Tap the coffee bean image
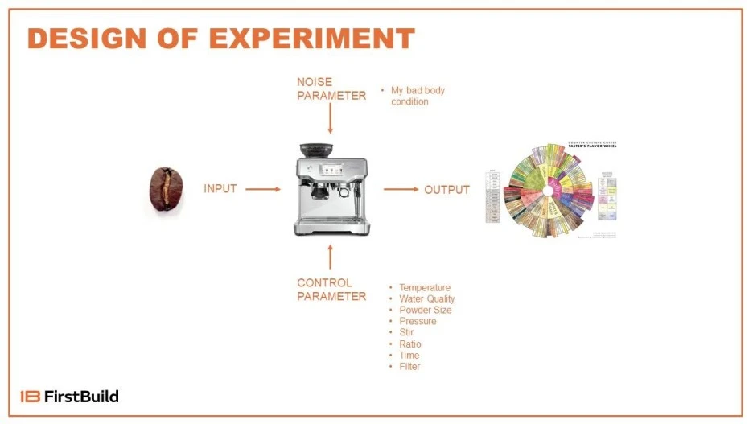pyautogui.click(x=167, y=189)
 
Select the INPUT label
pyautogui.click(x=220, y=189)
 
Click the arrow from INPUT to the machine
pyautogui.click(x=262, y=190)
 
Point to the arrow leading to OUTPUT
pyautogui.click(x=401, y=190)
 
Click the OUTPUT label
pyautogui.click(x=446, y=190)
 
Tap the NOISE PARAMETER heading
pyautogui.click(x=331, y=89)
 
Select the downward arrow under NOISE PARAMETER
pyautogui.click(x=331, y=119)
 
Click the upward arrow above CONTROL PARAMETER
pyautogui.click(x=331, y=257)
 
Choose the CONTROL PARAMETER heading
pyautogui.click(x=331, y=290)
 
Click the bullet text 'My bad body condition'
pyautogui.click(x=418, y=96)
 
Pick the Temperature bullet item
pyautogui.click(x=425, y=287)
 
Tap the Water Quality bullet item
pyautogui.click(x=427, y=298)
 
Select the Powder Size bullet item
pyautogui.click(x=426, y=310)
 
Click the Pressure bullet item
pyautogui.click(x=418, y=321)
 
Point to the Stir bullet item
pyautogui.click(x=407, y=332)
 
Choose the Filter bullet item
pyautogui.click(x=409, y=366)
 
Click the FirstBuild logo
pyautogui.click(x=70, y=396)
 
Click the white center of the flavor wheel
pyautogui.click(x=550, y=191)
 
